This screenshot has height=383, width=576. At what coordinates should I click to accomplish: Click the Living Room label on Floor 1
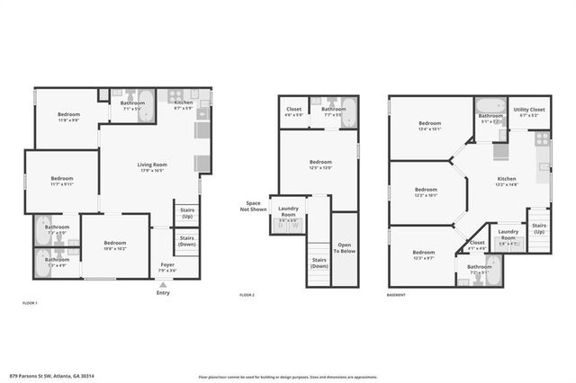152,167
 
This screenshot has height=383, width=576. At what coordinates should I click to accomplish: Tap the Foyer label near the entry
167,267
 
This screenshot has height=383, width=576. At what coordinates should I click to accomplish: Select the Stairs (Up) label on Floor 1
186,214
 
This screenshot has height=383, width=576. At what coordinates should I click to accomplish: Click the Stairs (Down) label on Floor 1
186,242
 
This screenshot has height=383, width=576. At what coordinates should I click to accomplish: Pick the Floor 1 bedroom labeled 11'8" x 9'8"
69,117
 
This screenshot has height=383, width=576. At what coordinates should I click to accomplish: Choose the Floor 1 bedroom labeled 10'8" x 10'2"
114,245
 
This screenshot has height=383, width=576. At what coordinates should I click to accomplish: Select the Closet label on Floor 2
293,111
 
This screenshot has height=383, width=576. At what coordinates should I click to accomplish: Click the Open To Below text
346,247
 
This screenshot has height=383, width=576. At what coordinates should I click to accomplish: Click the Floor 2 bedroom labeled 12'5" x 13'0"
319,165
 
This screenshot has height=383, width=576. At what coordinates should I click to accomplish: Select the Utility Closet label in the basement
529,111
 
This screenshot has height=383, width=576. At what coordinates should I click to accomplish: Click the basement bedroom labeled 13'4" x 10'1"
429,126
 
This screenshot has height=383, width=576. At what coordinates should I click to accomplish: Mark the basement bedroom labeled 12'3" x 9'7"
423,255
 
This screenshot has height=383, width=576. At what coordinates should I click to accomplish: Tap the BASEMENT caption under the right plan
397,295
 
